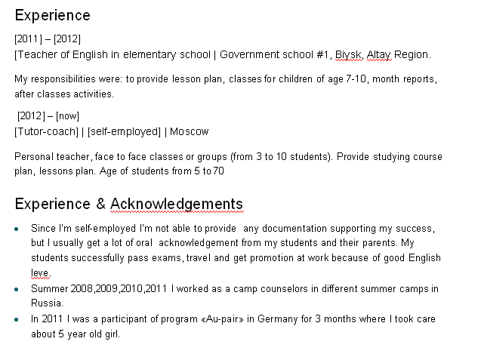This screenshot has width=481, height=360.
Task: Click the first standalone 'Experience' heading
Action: [x=52, y=16]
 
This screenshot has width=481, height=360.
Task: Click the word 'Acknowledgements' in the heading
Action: [x=177, y=205]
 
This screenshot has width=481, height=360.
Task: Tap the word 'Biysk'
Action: [x=349, y=54]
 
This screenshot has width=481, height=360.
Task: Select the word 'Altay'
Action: [x=379, y=54]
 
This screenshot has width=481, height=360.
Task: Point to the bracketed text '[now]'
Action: [x=67, y=116]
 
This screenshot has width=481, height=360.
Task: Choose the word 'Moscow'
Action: [x=189, y=132]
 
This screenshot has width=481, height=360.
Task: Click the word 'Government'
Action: [x=251, y=54]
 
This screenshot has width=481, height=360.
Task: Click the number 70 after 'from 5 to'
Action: [x=218, y=171]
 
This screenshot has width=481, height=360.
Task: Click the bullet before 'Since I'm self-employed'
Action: [x=17, y=228]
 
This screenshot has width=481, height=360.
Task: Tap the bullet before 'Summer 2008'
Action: [x=17, y=289]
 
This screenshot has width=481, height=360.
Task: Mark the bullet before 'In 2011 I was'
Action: [x=17, y=320]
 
